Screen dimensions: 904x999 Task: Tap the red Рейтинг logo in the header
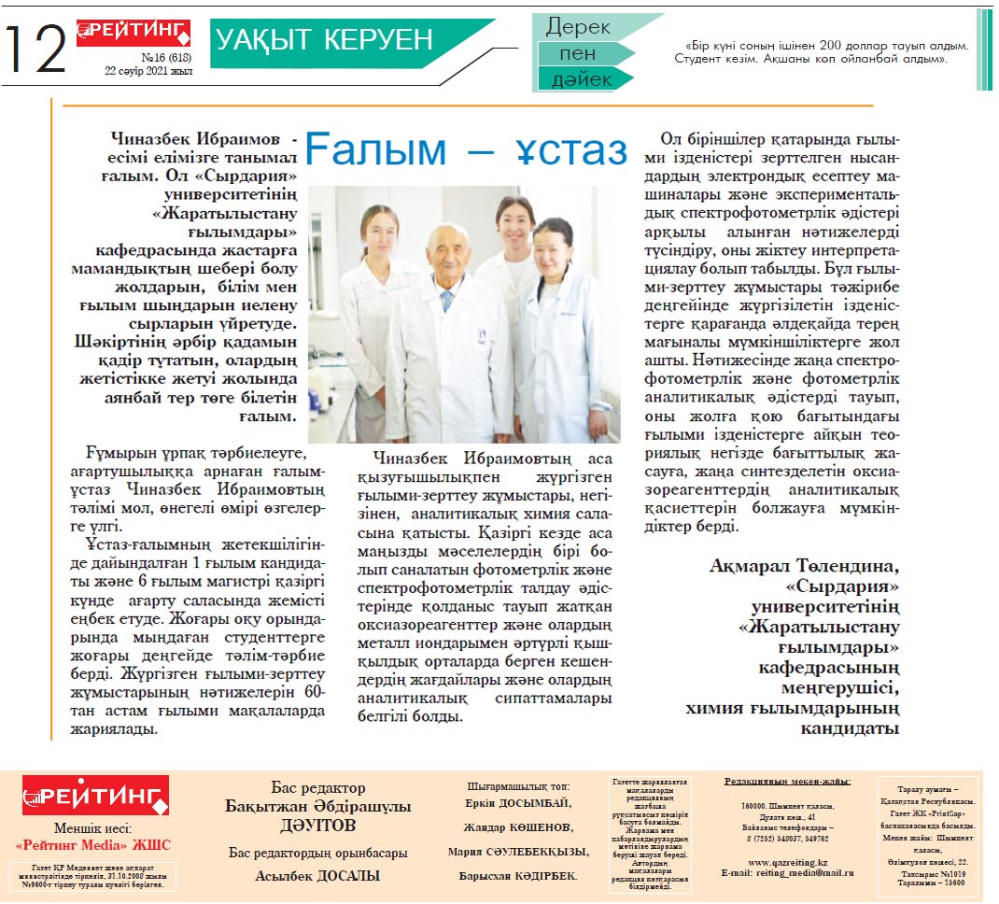tap(133, 33)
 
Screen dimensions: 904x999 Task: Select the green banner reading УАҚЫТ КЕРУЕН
tap(325, 40)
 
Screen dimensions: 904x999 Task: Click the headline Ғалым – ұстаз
tap(466, 150)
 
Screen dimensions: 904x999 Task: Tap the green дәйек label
tap(581, 80)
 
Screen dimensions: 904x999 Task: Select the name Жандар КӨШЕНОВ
tap(518, 827)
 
